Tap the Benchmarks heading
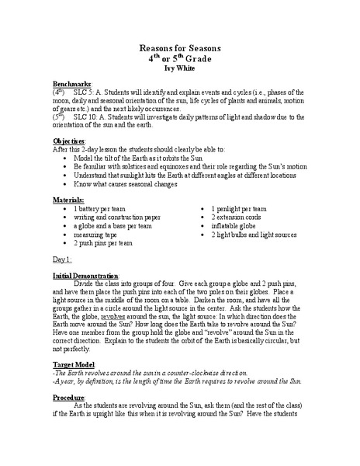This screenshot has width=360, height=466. click(x=72, y=83)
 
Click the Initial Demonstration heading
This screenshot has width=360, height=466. click(x=85, y=276)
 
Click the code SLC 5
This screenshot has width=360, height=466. click(x=84, y=92)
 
